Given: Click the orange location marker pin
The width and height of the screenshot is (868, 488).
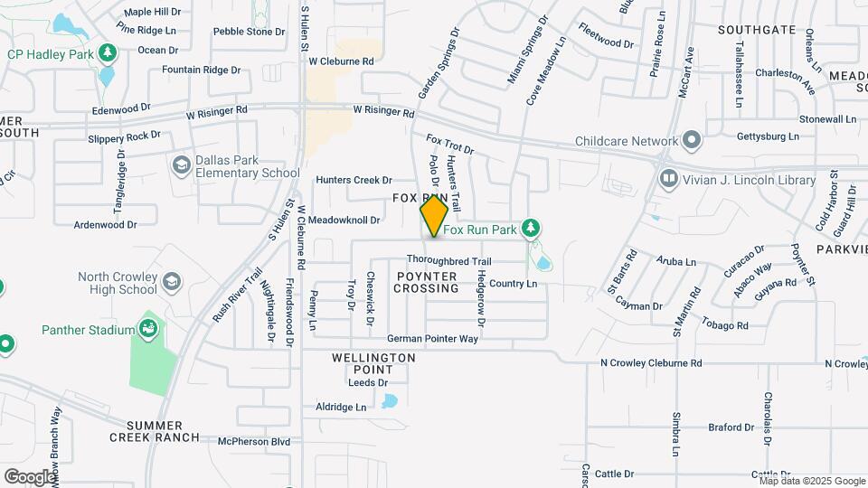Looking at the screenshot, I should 434,215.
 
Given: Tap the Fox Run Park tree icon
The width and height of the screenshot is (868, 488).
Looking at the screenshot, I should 533,230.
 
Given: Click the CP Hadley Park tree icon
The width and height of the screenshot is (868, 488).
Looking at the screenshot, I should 108,53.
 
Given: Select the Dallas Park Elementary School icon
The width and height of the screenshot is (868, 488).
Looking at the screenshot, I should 181,164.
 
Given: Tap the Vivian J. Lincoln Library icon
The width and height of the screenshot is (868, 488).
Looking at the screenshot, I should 669,180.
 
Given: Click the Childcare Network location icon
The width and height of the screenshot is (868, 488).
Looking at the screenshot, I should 692,141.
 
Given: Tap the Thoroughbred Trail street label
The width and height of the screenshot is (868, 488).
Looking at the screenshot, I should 448,260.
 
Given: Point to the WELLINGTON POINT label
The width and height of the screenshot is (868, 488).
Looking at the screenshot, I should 373,364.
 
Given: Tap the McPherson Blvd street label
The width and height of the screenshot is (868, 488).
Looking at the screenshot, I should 254,442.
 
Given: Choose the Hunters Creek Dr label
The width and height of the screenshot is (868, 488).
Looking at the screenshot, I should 353,180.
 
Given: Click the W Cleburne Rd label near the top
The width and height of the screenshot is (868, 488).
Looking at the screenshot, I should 341,61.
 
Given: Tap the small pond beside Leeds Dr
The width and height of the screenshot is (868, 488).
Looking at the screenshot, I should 390,399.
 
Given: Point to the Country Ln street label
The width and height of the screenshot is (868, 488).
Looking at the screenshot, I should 514,284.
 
